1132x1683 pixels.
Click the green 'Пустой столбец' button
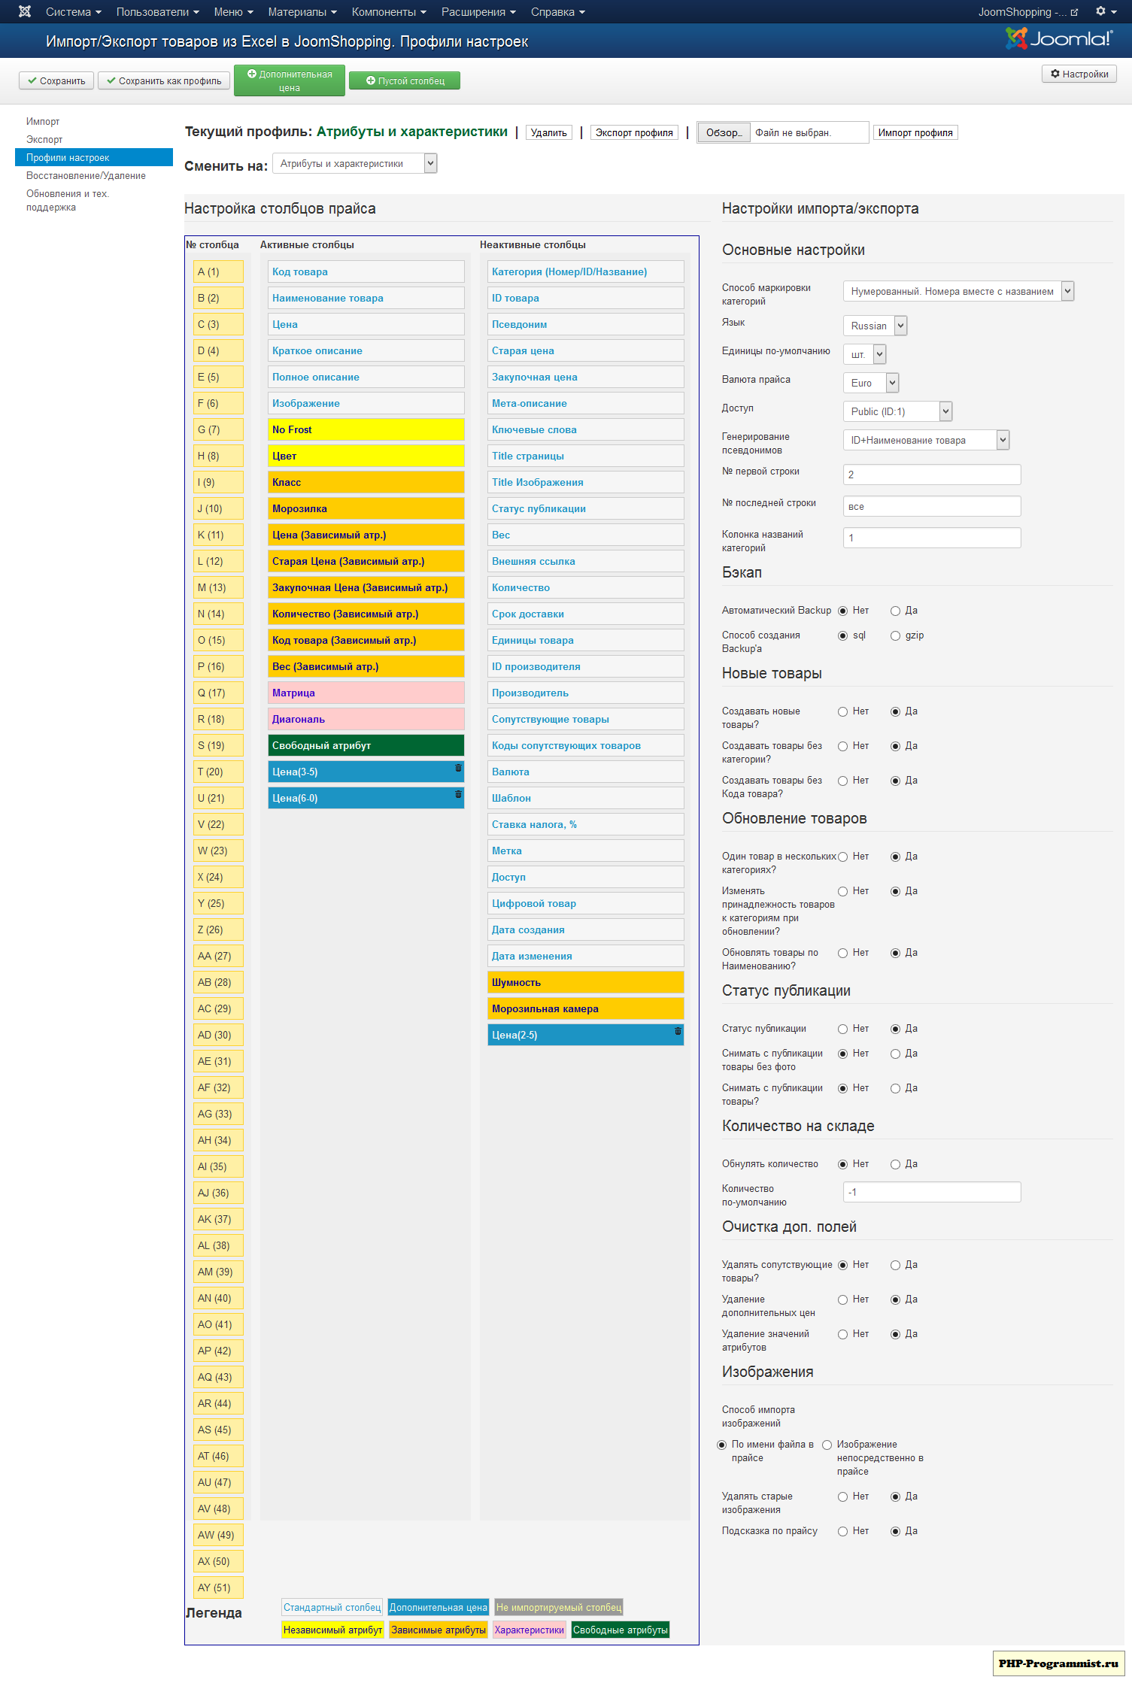pyautogui.click(x=405, y=81)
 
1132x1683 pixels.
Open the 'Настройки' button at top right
pyautogui.click(x=1079, y=74)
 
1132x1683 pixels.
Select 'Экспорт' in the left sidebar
pyautogui.click(x=44, y=139)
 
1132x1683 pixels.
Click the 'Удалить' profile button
pyautogui.click(x=548, y=132)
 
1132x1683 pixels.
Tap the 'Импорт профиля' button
pyautogui.click(x=915, y=132)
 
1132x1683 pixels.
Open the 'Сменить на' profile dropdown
pyautogui.click(x=354, y=163)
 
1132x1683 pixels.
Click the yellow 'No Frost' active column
pyautogui.click(x=366, y=429)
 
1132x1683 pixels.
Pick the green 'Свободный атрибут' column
pyautogui.click(x=366, y=745)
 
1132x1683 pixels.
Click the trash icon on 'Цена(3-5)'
pyautogui.click(x=458, y=768)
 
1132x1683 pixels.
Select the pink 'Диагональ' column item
pyautogui.click(x=366, y=719)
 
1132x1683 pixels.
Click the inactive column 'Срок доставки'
pyautogui.click(x=585, y=614)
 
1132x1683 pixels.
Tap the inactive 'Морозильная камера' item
pyautogui.click(x=585, y=1008)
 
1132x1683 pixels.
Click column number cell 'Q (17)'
pyautogui.click(x=217, y=693)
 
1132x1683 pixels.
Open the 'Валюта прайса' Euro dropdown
pyautogui.click(x=870, y=383)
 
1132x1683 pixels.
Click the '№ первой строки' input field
pyautogui.click(x=931, y=475)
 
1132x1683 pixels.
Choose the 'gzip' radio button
pyautogui.click(x=895, y=635)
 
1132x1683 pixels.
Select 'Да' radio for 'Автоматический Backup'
pyautogui.click(x=895, y=611)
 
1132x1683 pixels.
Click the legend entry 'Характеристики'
pyautogui.click(x=529, y=1630)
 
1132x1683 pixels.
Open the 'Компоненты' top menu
pyautogui.click(x=388, y=12)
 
